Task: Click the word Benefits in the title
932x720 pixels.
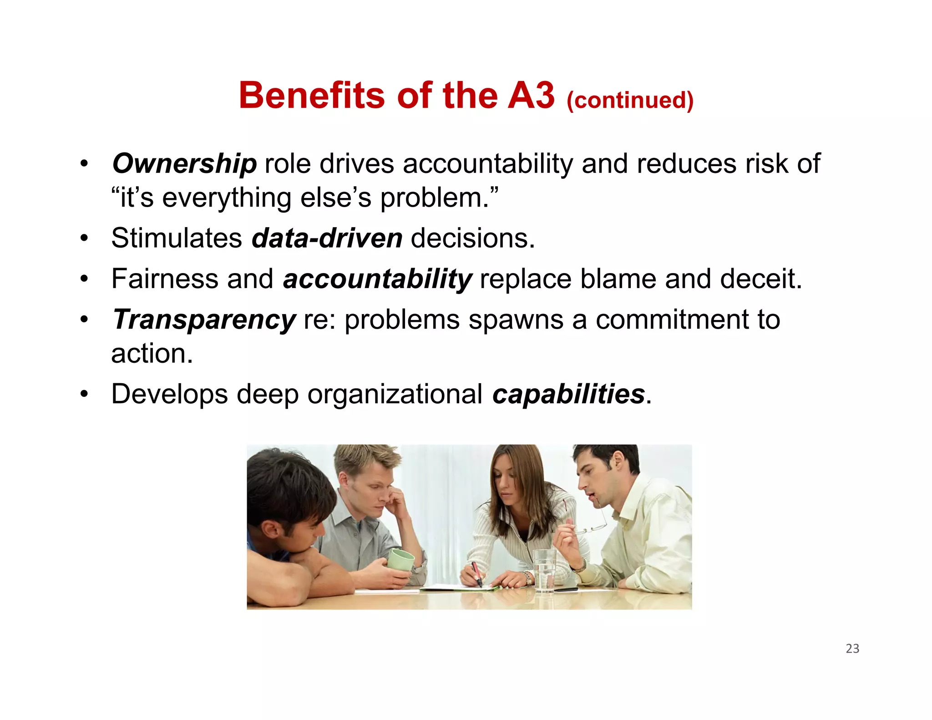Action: tap(312, 96)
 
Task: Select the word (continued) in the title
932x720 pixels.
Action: tap(630, 100)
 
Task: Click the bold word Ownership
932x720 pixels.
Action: tap(184, 164)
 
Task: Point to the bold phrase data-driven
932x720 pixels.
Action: tap(327, 238)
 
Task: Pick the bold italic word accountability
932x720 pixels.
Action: tap(377, 279)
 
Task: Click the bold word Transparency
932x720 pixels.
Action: tap(204, 319)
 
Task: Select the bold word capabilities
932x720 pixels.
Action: tap(568, 394)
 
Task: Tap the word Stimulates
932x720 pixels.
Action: tap(177, 238)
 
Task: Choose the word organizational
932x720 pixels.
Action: tap(395, 394)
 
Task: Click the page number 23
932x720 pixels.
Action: tap(852, 649)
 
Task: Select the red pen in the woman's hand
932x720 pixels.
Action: tap(476, 574)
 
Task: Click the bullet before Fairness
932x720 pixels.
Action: tap(84, 279)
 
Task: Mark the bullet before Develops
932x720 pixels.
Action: tap(84, 394)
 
